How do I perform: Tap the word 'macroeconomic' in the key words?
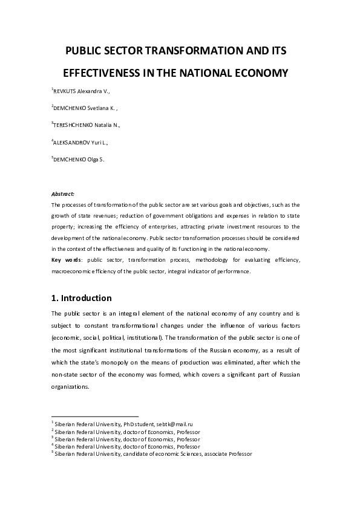pos(71,271)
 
